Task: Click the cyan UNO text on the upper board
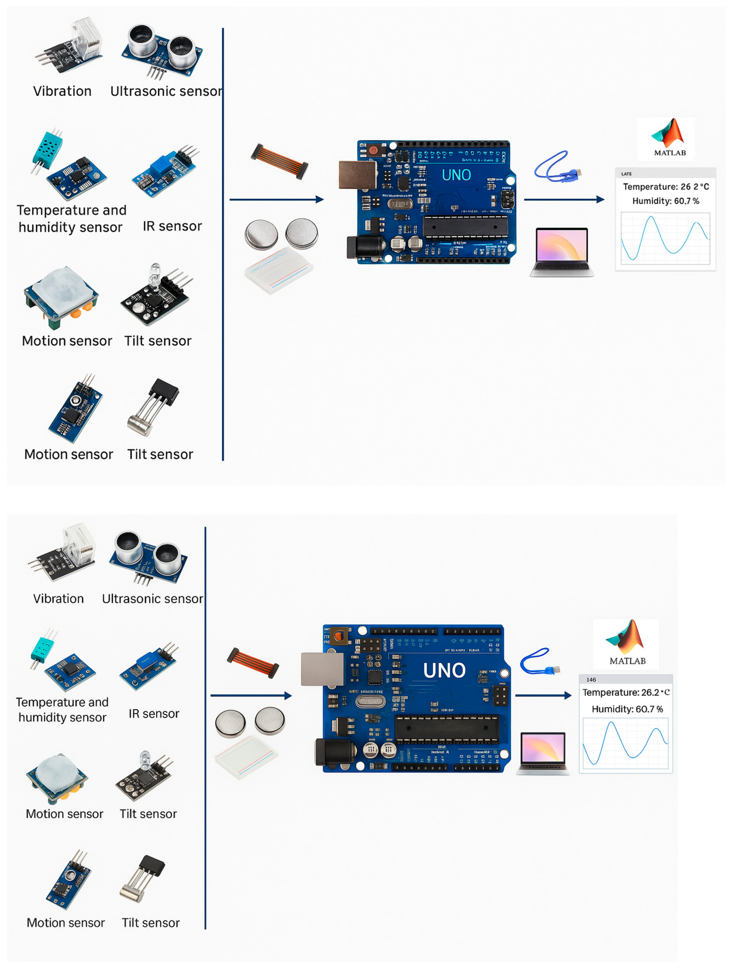pyautogui.click(x=456, y=175)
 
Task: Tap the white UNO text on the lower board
pyautogui.click(x=444, y=670)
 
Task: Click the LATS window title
pyautogui.click(x=626, y=174)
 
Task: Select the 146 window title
pyautogui.click(x=591, y=680)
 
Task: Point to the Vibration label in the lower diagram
pyautogui.click(x=58, y=598)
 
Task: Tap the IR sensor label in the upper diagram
pyautogui.click(x=172, y=226)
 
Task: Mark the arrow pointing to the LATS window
pyautogui.click(x=564, y=200)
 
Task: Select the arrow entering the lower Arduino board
pyautogui.click(x=251, y=695)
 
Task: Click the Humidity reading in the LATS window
pyautogui.click(x=666, y=201)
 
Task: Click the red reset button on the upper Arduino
pyautogui.click(x=373, y=150)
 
